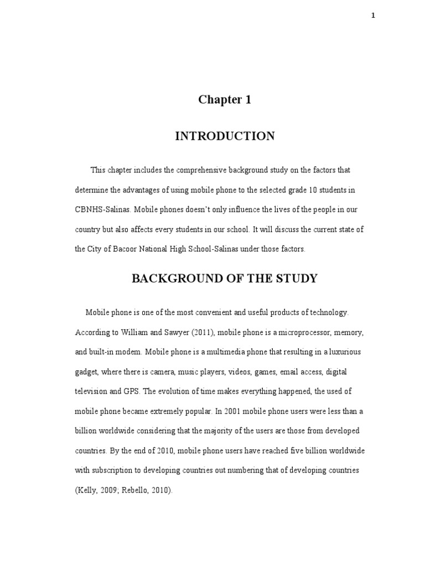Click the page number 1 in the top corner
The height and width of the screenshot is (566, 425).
coord(373,15)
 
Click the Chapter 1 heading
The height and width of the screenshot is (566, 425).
coord(225,100)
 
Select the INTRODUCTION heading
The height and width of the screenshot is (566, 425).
coord(225,136)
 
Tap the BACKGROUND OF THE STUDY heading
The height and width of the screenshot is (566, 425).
coord(225,278)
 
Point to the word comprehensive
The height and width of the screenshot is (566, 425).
coord(183,170)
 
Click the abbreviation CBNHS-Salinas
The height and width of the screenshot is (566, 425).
coord(102,209)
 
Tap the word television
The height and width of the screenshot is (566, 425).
coord(92,391)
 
